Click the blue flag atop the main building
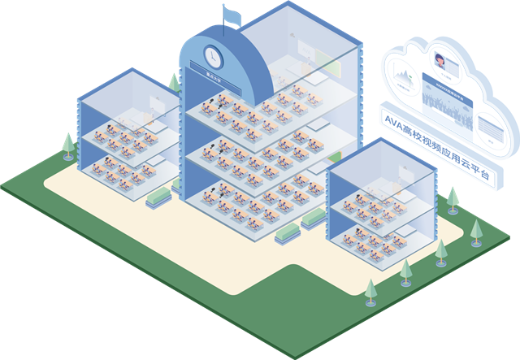tap(233, 15)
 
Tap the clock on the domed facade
tap(212, 56)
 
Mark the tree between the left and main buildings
tap(174, 82)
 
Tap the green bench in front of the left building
tap(157, 197)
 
